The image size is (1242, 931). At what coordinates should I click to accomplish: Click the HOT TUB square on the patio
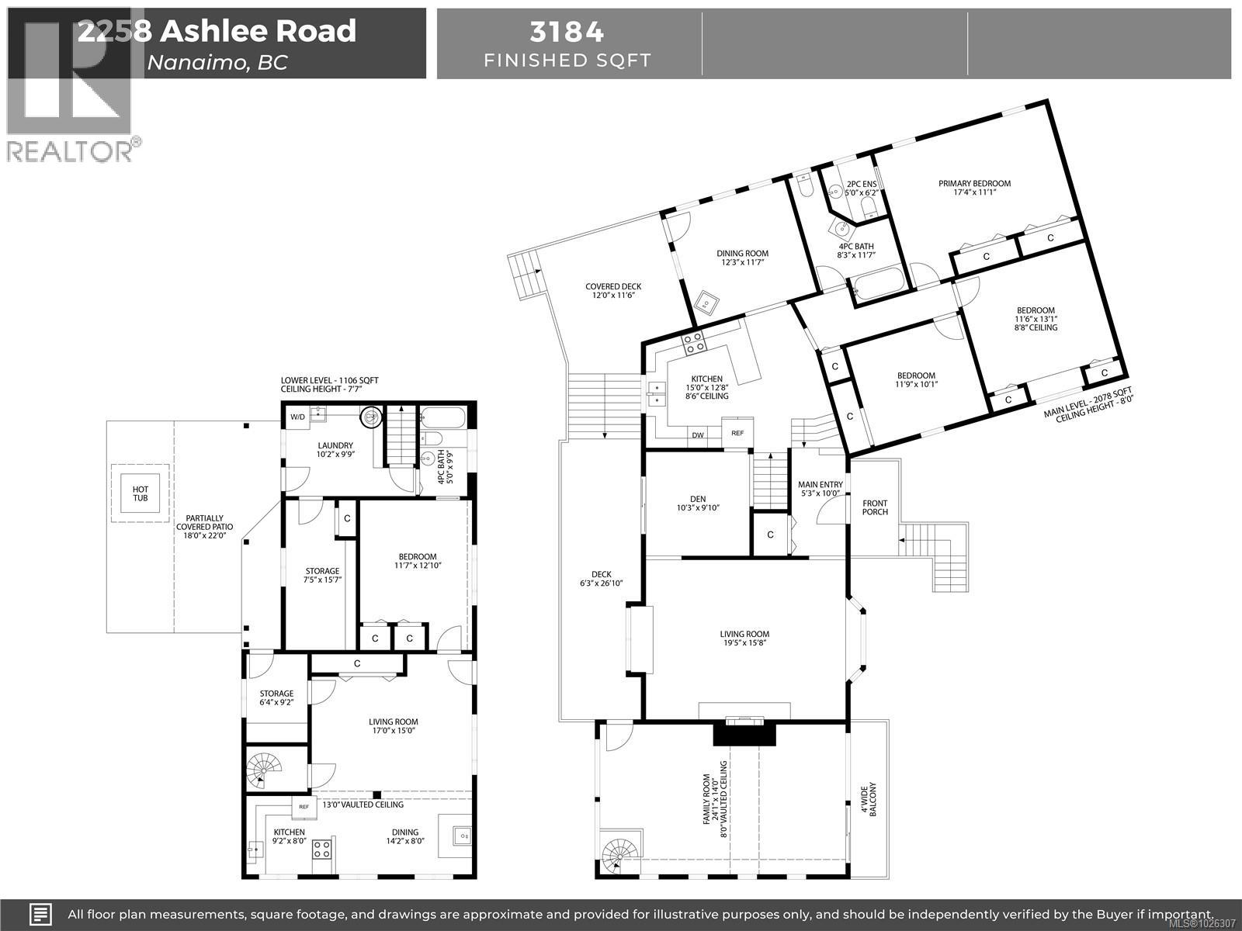140,493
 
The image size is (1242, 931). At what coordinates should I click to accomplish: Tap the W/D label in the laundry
298,417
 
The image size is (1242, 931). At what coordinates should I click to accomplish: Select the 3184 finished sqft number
567,32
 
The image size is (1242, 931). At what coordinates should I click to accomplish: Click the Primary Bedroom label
974,183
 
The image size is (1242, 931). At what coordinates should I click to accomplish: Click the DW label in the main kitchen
698,435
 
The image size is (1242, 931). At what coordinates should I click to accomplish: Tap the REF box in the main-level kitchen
737,433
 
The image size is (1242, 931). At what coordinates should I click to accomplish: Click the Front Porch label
875,507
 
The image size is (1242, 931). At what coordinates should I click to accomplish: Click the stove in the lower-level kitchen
321,849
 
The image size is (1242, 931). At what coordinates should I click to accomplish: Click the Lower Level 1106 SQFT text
330,380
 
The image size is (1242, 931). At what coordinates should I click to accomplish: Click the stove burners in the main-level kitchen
692,342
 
